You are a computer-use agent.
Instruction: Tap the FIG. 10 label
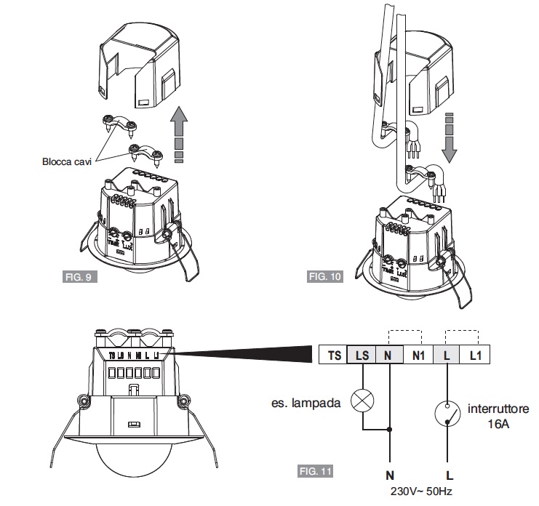pyautogui.click(x=325, y=277)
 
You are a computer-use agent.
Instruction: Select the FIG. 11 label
pyautogui.click(x=316, y=471)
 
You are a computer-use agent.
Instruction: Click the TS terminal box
pyautogui.click(x=335, y=356)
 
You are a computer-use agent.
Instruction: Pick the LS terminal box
pyautogui.click(x=362, y=356)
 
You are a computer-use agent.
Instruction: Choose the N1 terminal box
pyautogui.click(x=418, y=356)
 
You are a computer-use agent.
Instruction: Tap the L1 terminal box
pyautogui.click(x=475, y=356)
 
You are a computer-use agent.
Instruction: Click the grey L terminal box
pyautogui.click(x=447, y=356)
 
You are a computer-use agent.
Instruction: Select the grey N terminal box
pyautogui.click(x=390, y=356)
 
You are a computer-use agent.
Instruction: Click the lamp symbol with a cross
pyautogui.click(x=362, y=401)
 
